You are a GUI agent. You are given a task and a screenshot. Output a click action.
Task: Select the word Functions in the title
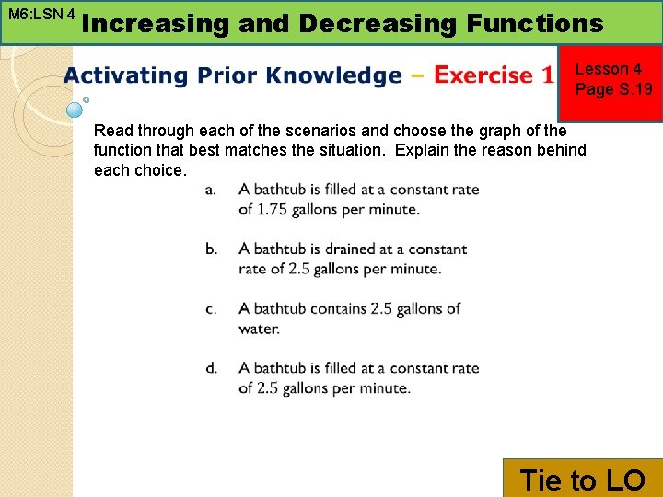coord(534,23)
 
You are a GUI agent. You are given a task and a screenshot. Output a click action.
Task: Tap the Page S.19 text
coord(613,89)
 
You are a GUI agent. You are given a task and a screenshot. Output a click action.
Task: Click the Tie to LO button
coord(583,479)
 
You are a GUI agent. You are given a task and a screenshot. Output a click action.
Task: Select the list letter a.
coord(211,190)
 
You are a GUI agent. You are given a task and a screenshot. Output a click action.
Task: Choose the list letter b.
coord(212,248)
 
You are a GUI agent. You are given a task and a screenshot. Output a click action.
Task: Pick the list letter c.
coord(211,308)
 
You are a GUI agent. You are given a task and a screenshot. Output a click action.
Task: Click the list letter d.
coord(212,368)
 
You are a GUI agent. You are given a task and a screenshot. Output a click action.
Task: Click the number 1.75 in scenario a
coord(273,210)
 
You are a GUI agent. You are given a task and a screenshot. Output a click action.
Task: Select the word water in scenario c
coord(258,329)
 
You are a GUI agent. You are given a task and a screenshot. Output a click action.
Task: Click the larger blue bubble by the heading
coord(75,110)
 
